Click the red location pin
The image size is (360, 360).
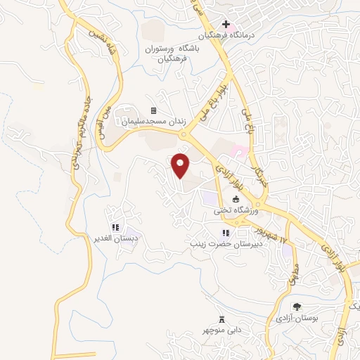[x=182, y=165]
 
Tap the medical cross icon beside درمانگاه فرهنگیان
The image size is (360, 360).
[x=226, y=25]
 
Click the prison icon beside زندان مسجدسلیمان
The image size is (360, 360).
[x=153, y=111]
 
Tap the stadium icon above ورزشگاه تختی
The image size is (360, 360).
[x=236, y=200]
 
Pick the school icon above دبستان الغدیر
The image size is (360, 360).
[x=114, y=228]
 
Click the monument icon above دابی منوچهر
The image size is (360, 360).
[x=222, y=319]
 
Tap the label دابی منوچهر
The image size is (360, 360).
[x=223, y=329]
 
